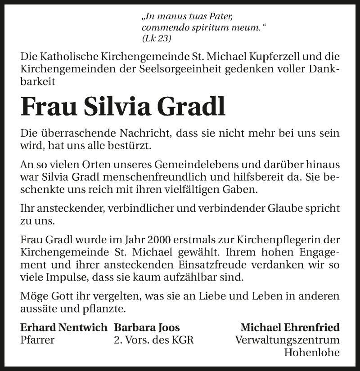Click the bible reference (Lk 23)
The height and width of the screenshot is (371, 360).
point(157,39)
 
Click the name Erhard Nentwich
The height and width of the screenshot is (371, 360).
point(64,327)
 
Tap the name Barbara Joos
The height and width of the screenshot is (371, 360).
point(147,327)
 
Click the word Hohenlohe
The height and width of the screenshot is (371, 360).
point(312,352)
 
